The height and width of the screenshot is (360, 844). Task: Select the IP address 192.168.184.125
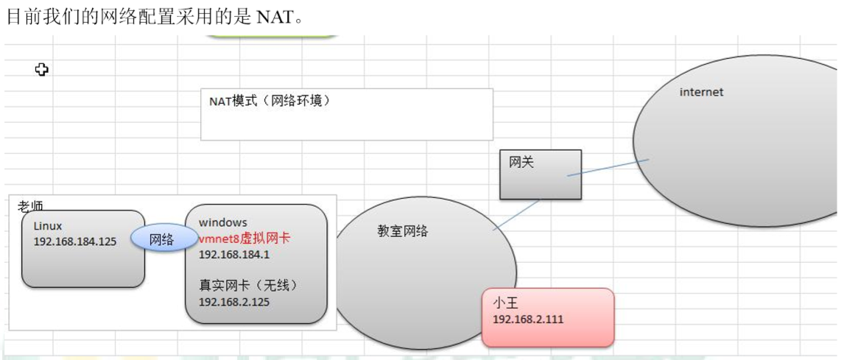pos(75,241)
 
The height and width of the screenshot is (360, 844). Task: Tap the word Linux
pos(48,226)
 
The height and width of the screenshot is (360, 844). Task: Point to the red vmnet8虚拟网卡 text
pos(245,239)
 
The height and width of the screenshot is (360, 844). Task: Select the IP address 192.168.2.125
pos(234,301)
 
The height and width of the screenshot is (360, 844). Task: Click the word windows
pos(222,222)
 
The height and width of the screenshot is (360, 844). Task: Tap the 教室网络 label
pos(402,231)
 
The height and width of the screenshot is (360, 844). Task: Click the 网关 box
pos(541,174)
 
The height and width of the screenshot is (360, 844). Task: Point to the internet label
pos(701,92)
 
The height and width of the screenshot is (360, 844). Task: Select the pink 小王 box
pos(548,317)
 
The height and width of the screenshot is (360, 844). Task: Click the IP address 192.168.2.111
pos(528,319)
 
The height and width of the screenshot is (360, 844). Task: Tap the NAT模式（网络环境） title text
pos(270,101)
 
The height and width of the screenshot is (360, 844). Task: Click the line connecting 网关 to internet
pos(608,167)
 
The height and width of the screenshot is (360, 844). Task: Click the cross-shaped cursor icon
pos(42,69)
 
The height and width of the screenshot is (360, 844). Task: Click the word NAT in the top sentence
pos(275,17)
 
